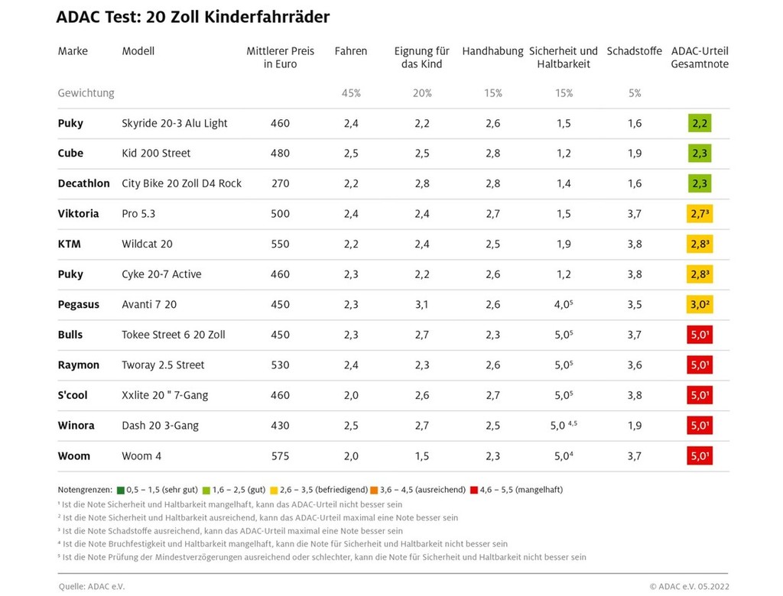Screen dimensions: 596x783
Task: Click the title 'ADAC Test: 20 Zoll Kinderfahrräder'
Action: point(193,17)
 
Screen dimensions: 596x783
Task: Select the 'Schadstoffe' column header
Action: point(634,51)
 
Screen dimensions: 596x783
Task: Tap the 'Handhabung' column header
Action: point(492,51)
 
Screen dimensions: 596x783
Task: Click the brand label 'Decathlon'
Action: point(83,183)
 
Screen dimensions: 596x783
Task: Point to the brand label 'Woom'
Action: point(74,456)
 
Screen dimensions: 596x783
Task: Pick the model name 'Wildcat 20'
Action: point(147,244)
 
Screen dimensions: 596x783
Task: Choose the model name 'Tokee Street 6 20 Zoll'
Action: point(174,335)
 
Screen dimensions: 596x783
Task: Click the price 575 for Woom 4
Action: point(280,456)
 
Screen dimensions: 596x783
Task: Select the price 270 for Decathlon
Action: point(280,183)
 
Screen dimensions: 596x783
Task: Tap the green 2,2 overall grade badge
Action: point(700,123)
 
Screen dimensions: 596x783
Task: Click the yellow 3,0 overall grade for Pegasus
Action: point(700,304)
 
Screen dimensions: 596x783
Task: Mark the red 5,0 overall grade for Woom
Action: point(700,456)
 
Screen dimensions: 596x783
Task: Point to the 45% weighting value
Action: point(351,93)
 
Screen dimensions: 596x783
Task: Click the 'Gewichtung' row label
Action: point(86,93)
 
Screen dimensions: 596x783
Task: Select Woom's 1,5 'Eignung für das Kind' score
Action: point(421,456)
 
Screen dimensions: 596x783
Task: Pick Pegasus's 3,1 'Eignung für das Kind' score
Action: point(421,304)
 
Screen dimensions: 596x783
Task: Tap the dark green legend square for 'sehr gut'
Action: point(120,489)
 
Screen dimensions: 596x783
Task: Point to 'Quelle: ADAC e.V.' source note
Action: point(92,586)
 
